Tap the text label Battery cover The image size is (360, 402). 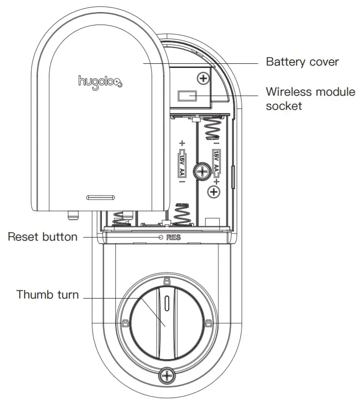tap(302, 62)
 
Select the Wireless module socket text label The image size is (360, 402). tap(310, 99)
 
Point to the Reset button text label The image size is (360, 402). tap(42, 237)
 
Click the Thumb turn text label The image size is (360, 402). tap(47, 294)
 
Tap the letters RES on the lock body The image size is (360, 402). tap(174, 237)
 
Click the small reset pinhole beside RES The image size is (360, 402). tap(160, 237)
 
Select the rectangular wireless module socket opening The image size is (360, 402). tap(187, 96)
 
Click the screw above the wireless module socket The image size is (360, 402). tap(203, 79)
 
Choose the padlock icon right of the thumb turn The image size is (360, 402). tap(208, 324)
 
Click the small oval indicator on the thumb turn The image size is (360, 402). tap(168, 302)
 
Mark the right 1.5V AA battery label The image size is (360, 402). tap(216, 161)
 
